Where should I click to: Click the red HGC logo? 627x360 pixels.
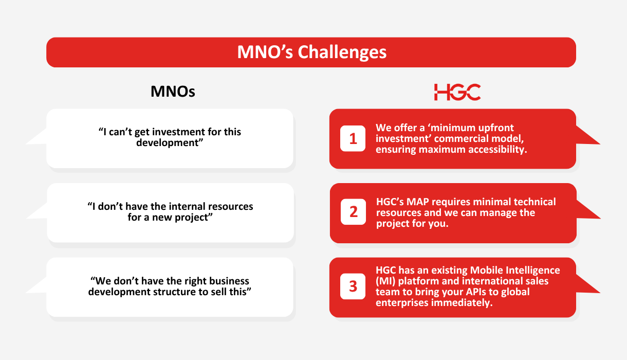click(x=457, y=92)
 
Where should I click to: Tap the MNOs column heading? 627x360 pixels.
click(x=173, y=92)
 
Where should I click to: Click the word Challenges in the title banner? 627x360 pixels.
click(x=342, y=52)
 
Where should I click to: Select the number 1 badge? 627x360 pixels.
click(x=353, y=138)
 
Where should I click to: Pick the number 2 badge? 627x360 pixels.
click(x=353, y=212)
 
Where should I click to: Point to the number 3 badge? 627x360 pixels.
click(x=353, y=286)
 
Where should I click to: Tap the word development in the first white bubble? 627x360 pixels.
click(x=168, y=143)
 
